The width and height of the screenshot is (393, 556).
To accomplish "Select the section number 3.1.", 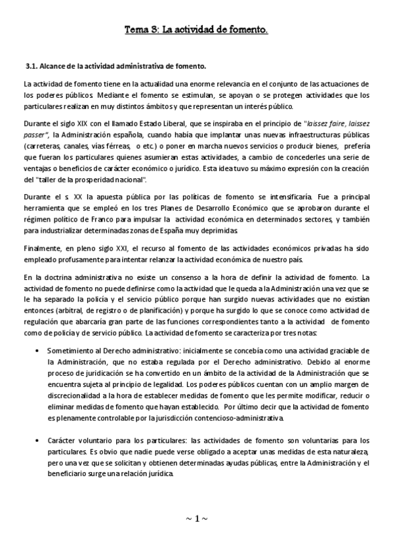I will pos(32,67).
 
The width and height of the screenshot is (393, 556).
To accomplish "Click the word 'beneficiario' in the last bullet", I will pos(70,474).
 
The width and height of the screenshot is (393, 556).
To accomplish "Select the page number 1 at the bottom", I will pos(196,519).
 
